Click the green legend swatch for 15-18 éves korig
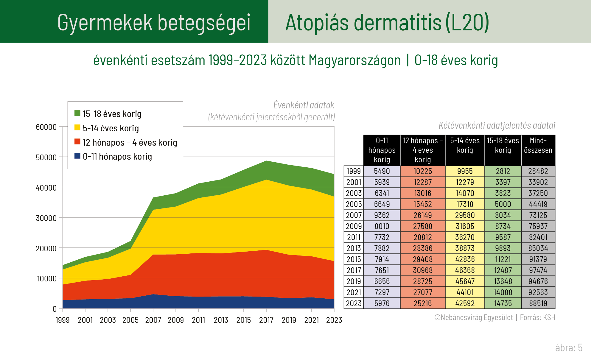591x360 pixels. point(77,113)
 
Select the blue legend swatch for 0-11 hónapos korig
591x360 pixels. point(77,156)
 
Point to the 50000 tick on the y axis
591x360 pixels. point(46,157)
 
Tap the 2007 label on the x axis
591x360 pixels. point(153,320)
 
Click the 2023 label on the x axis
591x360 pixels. point(334,320)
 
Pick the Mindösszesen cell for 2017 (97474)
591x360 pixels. point(538,270)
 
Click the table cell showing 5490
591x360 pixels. point(382,171)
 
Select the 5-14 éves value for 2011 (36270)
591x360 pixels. point(465,237)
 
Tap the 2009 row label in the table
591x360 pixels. point(354,226)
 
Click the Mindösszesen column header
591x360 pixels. point(538,145)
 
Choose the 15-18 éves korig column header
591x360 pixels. point(503,145)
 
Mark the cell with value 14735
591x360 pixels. point(503,303)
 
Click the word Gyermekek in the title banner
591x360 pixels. point(105,23)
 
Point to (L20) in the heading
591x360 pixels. point(467,23)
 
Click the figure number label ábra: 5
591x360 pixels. point(569,348)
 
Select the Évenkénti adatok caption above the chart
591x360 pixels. point(304,105)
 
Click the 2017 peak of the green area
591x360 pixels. point(266,162)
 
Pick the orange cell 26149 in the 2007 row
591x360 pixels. point(422,215)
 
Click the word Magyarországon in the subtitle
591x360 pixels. point(355,60)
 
